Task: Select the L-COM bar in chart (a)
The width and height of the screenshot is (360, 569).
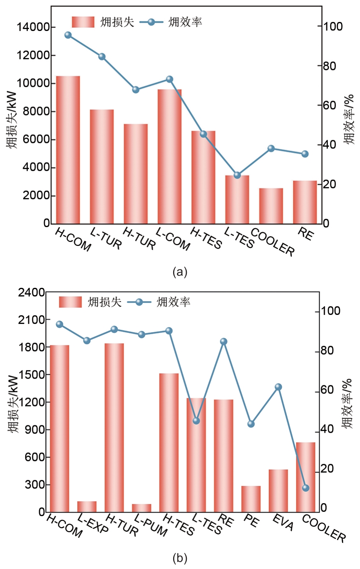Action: click(170, 157)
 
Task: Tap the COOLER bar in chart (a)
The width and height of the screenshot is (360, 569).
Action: click(271, 206)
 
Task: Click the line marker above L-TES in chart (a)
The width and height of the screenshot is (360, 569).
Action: click(237, 175)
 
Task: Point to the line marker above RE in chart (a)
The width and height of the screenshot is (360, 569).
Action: click(305, 154)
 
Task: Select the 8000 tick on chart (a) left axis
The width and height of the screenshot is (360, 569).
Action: click(36, 112)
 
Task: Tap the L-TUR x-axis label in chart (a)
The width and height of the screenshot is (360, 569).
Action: click(106, 238)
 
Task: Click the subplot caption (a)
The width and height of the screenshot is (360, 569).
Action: click(180, 271)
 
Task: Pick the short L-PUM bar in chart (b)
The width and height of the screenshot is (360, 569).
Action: click(141, 508)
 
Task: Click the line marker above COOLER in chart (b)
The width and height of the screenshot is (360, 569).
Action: click(306, 488)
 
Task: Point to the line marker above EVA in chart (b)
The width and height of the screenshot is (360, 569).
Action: click(278, 387)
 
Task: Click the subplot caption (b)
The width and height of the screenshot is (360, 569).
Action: click(180, 558)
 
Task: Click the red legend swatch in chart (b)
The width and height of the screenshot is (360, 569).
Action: click(71, 302)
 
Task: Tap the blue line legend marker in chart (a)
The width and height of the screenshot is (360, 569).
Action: click(151, 22)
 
